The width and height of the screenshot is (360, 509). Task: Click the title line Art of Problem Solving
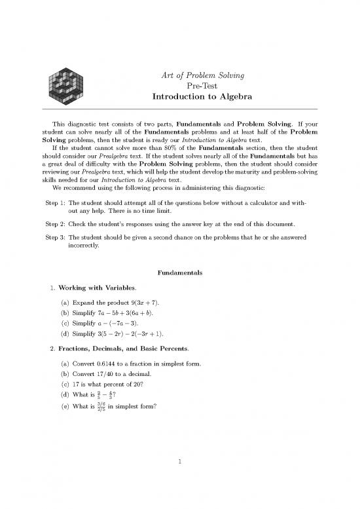click(x=202, y=76)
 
